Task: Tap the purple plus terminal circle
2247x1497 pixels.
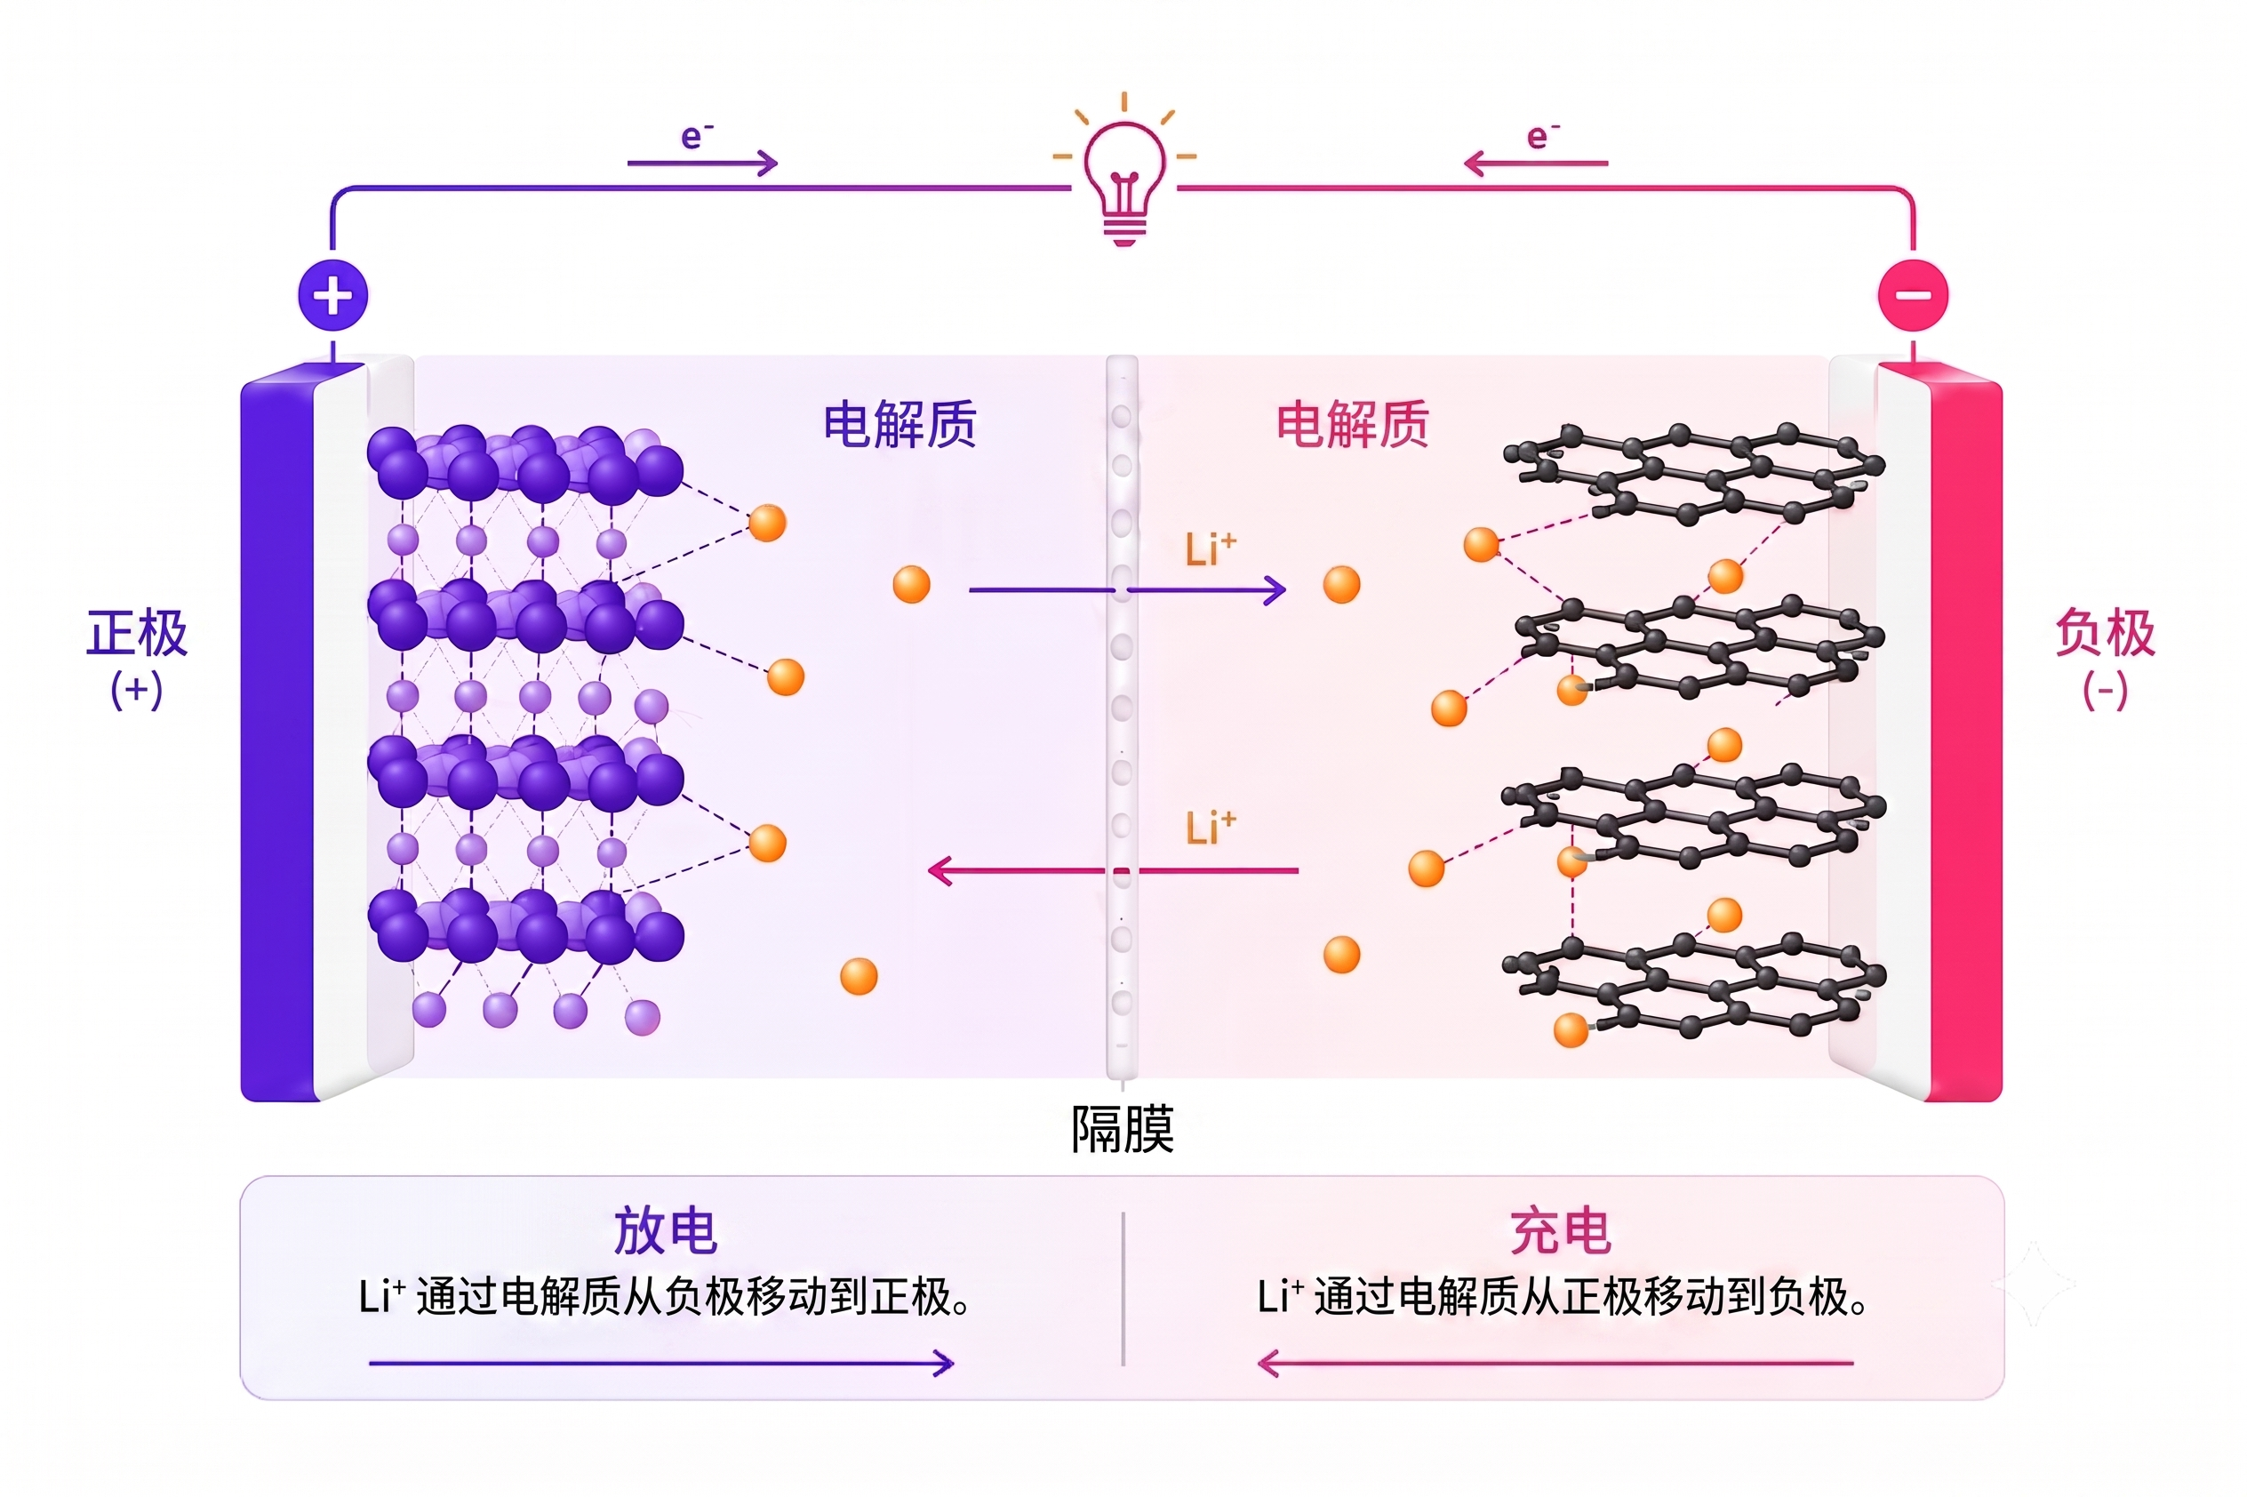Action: pyautogui.click(x=332, y=295)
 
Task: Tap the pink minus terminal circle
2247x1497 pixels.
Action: pyautogui.click(x=1913, y=295)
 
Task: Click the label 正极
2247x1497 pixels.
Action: pyautogui.click(x=138, y=632)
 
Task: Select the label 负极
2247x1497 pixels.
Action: pyautogui.click(x=2105, y=632)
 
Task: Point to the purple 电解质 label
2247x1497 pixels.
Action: pyautogui.click(x=900, y=424)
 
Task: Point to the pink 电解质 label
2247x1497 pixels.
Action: pyautogui.click(x=1353, y=424)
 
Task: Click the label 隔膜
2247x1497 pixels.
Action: pyautogui.click(x=1123, y=1130)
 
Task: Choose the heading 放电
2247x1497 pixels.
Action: pyautogui.click(x=666, y=1230)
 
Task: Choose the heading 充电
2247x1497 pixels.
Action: pyautogui.click(x=1562, y=1230)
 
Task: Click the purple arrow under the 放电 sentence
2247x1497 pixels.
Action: pyautogui.click(x=660, y=1364)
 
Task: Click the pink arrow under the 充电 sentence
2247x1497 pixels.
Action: pyautogui.click(x=1555, y=1364)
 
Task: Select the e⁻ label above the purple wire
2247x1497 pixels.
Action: pyautogui.click(x=697, y=136)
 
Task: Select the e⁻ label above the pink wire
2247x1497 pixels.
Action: pyautogui.click(x=1542, y=136)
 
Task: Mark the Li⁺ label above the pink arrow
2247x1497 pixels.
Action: pyautogui.click(x=1211, y=828)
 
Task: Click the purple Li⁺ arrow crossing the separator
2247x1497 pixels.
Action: pyautogui.click(x=1127, y=590)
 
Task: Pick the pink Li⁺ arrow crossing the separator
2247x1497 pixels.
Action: pyautogui.click(x=1113, y=870)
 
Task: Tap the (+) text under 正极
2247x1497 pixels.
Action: pyautogui.click(x=137, y=689)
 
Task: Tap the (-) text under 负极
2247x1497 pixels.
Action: pyautogui.click(x=2105, y=689)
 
